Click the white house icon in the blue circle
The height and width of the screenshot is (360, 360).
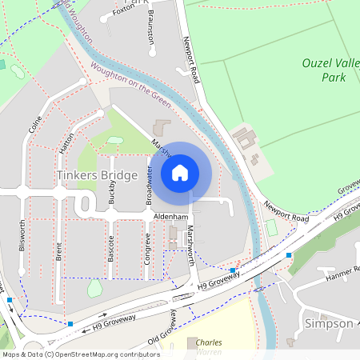pos(180,172)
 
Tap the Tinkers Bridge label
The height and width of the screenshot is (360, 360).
pos(98,174)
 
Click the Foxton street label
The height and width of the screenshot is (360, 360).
pos(124,10)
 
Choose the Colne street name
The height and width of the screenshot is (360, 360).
pos(34,125)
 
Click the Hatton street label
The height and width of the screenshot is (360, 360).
pos(66,143)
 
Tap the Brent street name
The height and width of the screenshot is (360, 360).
pos(58,252)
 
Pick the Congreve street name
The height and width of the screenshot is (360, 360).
pos(147,248)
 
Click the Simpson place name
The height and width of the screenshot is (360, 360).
pos(329,323)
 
